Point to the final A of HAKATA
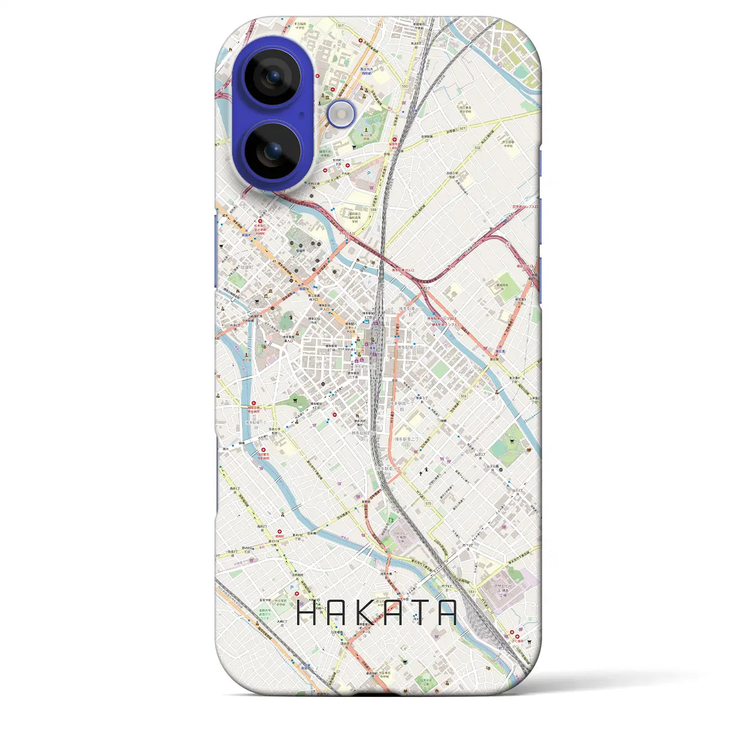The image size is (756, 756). pyautogui.click(x=445, y=613)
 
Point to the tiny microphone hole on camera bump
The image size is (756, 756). pyautogui.click(x=302, y=114)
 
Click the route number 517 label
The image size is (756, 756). pyautogui.click(x=340, y=25)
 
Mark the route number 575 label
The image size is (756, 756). pyautogui.click(x=428, y=504)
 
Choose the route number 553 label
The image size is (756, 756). pyautogui.click(x=471, y=592)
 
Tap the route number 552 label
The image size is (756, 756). pyautogui.click(x=477, y=148)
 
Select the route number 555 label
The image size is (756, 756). pyautogui.click(x=464, y=396)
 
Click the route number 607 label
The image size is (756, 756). pyautogui.click(x=462, y=128)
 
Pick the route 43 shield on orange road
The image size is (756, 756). pyautogui.click(x=273, y=261)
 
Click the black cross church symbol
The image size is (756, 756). pyautogui.click(x=421, y=473)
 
